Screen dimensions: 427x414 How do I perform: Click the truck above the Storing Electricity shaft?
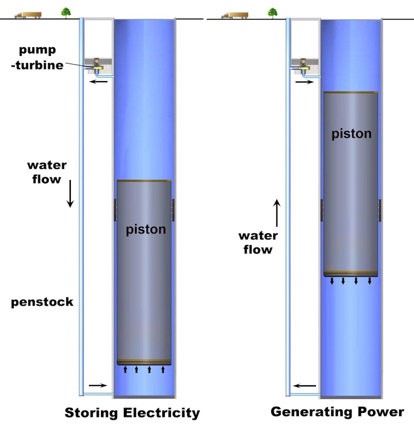click(x=28, y=15)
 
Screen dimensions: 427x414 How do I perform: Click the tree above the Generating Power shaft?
click(x=272, y=13)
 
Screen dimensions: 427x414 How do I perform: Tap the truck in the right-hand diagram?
click(x=234, y=15)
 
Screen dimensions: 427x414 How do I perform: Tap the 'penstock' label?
click(x=42, y=302)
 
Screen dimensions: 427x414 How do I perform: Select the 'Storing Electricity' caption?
click(x=132, y=413)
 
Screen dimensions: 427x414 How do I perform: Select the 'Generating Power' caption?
click(x=337, y=412)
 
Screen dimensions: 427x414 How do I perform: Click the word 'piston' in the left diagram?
click(x=146, y=229)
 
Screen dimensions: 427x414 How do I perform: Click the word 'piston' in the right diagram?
click(x=351, y=134)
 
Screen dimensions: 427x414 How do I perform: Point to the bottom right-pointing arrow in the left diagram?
click(x=97, y=385)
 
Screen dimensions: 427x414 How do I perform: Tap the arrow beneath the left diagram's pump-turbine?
click(x=99, y=82)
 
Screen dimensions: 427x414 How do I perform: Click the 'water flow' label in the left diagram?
click(x=47, y=172)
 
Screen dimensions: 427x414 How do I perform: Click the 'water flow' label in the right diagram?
click(x=258, y=243)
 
